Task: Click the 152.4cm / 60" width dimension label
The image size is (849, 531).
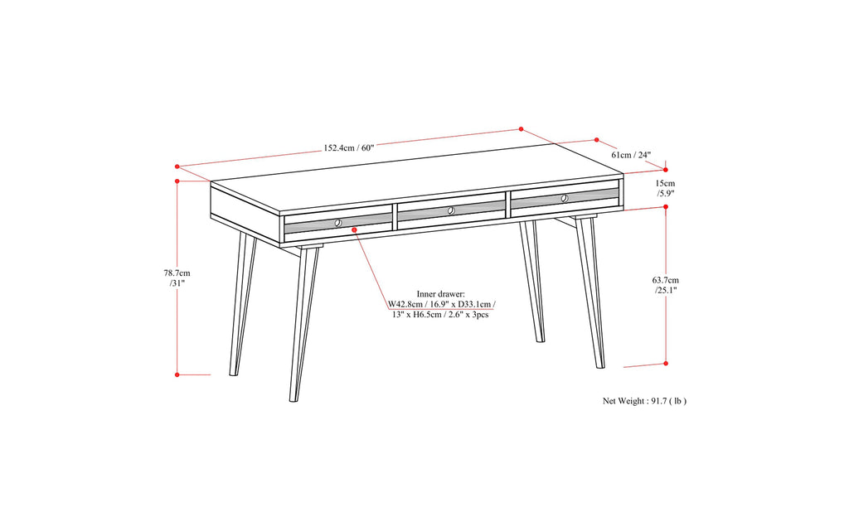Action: (349, 148)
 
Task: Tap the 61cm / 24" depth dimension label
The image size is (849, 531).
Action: (630, 155)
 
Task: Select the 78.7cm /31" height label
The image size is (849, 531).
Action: (176, 277)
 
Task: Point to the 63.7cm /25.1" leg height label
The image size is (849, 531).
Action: (666, 285)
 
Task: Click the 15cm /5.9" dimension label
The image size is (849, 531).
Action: (665, 188)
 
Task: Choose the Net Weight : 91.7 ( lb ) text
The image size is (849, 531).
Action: (644, 401)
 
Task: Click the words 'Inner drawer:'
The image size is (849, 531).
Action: (441, 293)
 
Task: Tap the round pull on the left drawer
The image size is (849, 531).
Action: (338, 223)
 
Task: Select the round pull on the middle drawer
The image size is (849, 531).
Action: (451, 210)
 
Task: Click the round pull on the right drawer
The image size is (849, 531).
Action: (564, 198)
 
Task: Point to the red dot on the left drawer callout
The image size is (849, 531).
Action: (354, 231)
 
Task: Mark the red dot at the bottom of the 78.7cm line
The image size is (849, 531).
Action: (177, 374)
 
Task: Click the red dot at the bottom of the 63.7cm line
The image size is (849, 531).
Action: (666, 362)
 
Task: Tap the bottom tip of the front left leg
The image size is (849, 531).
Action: (293, 401)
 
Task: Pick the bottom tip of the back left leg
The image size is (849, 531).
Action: (231, 374)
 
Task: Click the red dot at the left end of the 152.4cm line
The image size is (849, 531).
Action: (177, 167)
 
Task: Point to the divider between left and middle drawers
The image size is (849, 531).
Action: (395, 218)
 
